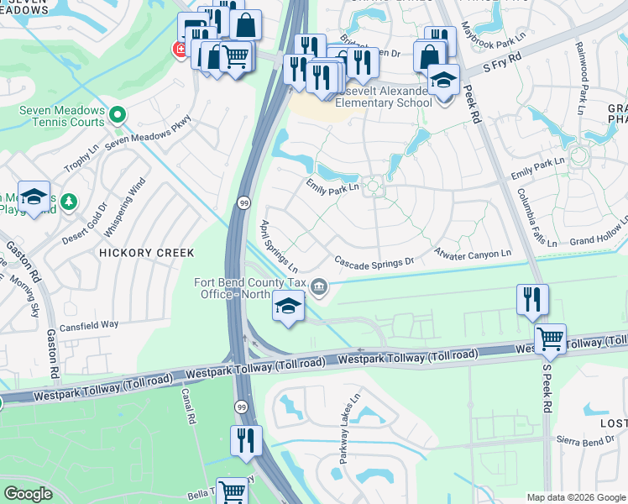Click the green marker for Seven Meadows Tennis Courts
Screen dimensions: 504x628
pos(118,115)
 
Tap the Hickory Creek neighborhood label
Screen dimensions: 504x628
pos(146,252)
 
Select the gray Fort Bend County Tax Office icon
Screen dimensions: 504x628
pos(319,288)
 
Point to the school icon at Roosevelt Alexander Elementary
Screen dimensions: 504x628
pos(443,81)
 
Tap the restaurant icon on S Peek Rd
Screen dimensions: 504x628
pos(532,301)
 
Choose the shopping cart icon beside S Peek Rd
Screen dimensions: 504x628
pos(550,340)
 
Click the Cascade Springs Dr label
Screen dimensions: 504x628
pos(374,261)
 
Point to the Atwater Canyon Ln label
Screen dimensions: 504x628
pos(473,253)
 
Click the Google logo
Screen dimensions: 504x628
pos(27,494)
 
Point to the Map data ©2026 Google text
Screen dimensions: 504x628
pos(575,497)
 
